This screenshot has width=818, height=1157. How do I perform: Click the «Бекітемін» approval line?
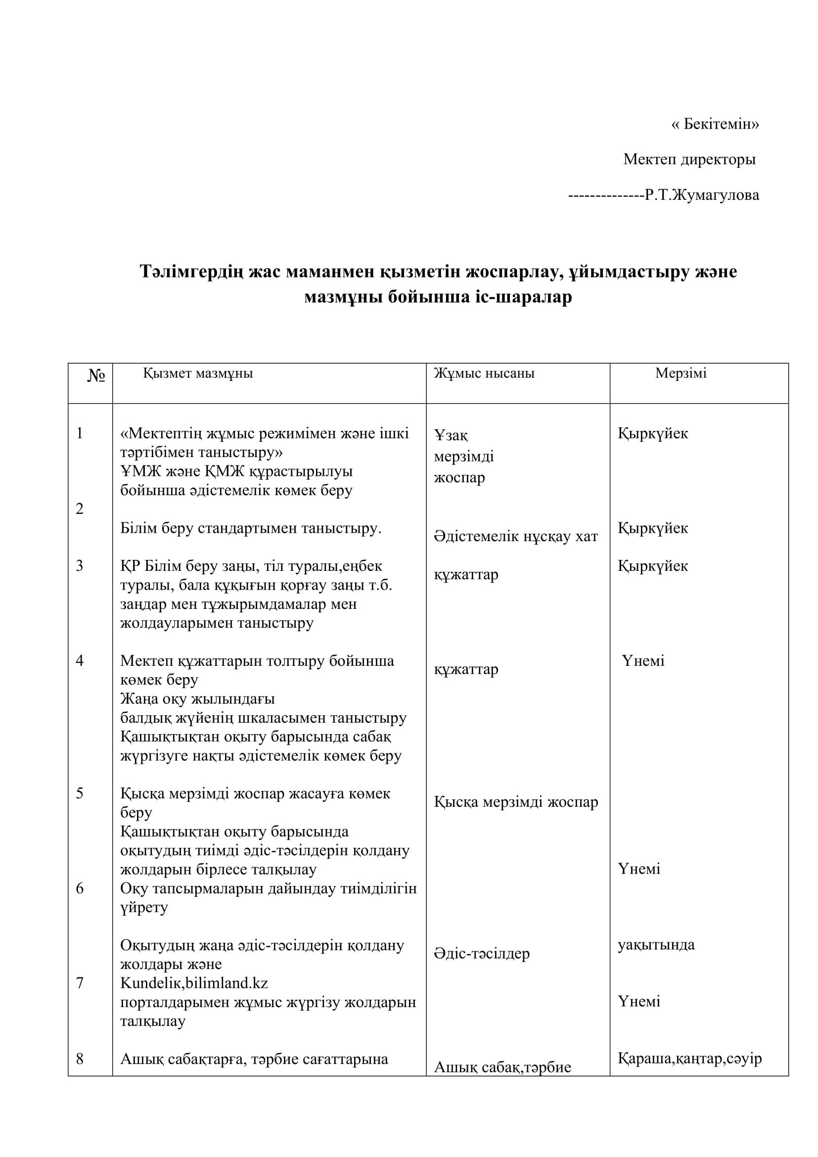click(x=715, y=124)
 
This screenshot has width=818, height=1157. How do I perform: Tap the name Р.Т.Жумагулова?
click(x=702, y=195)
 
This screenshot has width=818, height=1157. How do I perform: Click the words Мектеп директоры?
click(x=689, y=160)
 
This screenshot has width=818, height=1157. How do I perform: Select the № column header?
click(x=96, y=375)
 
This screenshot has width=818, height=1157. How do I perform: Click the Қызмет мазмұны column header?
click(x=197, y=373)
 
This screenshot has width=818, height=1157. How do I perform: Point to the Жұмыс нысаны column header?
click(x=484, y=373)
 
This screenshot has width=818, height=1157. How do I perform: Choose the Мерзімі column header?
click(x=681, y=373)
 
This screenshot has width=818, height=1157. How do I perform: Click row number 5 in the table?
click(x=80, y=793)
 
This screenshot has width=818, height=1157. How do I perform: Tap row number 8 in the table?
click(x=80, y=1059)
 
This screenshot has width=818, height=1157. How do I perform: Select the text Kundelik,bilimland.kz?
click(x=194, y=983)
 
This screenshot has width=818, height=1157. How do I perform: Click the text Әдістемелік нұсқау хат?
click(x=515, y=537)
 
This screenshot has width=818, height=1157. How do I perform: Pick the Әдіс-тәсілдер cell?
click(x=481, y=954)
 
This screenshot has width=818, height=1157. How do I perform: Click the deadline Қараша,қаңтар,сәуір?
click(x=689, y=1058)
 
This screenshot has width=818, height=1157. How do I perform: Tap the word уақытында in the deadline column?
click(x=656, y=945)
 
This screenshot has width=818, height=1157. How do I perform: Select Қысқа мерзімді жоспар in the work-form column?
click(x=516, y=802)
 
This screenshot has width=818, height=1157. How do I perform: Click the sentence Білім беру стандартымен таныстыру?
click(x=250, y=528)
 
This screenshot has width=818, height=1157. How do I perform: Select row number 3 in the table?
click(x=80, y=566)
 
